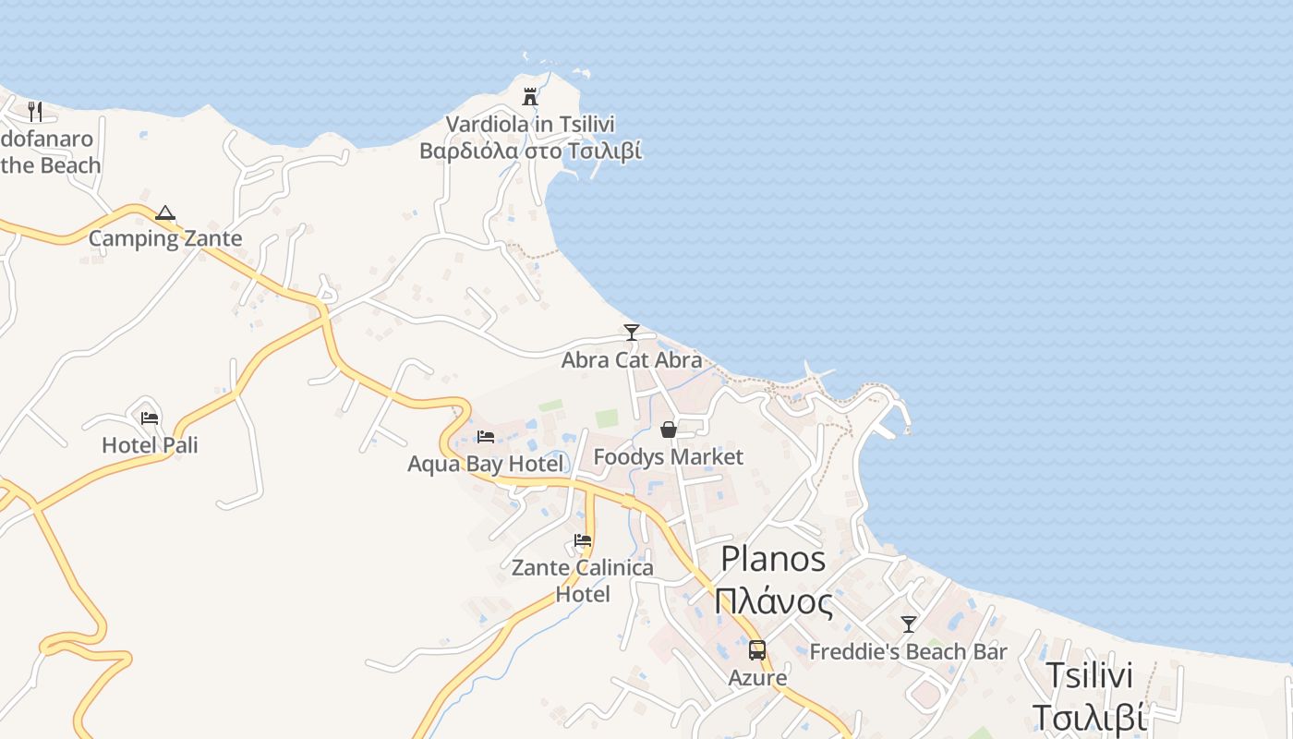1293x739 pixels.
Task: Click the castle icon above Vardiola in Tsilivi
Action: click(530, 96)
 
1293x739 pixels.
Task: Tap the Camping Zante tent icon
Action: click(165, 213)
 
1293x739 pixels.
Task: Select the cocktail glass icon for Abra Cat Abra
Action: click(632, 333)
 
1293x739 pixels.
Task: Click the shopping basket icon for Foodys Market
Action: click(669, 430)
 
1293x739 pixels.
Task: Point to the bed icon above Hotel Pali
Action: click(150, 418)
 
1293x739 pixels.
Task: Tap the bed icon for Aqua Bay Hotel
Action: click(486, 436)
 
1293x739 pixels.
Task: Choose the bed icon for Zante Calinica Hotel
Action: click(583, 540)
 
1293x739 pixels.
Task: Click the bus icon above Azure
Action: click(757, 650)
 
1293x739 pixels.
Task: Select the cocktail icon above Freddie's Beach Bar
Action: click(909, 624)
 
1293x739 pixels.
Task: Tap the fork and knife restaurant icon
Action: click(35, 112)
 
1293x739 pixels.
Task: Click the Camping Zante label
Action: click(165, 238)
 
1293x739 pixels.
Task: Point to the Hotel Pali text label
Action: click(150, 445)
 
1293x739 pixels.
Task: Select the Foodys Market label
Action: click(668, 456)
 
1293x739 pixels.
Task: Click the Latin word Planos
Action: click(773, 559)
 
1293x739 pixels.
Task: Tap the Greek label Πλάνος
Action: click(774, 602)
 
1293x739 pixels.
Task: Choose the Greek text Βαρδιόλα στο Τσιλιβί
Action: click(530, 151)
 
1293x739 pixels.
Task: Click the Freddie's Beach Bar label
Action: click(908, 651)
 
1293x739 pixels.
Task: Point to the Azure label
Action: click(757, 677)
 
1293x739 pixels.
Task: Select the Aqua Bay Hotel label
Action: click(485, 463)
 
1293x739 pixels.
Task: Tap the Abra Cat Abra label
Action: click(632, 359)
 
